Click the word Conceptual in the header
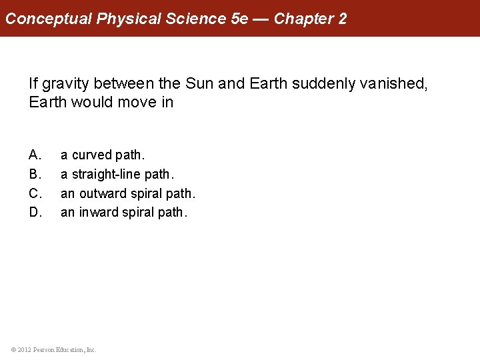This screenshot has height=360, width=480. [49, 19]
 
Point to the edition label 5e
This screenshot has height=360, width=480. [239, 19]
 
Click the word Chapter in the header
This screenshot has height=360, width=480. [305, 19]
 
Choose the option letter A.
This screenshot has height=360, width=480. [35, 155]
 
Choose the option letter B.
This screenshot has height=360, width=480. [35, 174]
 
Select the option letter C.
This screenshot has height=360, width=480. [35, 193]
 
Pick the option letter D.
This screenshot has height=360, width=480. [35, 213]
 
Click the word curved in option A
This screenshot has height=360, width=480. [92, 155]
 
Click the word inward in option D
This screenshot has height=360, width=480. [97, 213]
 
